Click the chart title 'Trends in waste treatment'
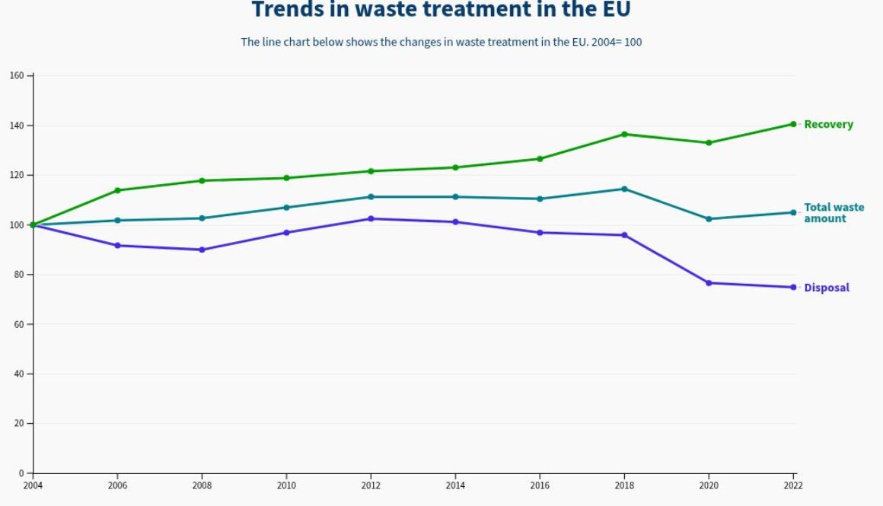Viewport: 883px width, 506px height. (441, 10)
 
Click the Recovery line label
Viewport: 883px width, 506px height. (828, 125)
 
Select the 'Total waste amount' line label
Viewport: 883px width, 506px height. (834, 213)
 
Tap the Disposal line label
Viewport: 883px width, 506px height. (827, 288)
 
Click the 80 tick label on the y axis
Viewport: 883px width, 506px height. (19, 275)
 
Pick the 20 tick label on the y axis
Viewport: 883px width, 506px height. (19, 424)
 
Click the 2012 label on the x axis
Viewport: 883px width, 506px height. (371, 485)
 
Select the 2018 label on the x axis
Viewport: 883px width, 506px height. (624, 485)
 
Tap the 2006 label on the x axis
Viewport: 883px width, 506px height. (117, 485)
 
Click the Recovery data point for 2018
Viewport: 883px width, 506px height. (624, 135)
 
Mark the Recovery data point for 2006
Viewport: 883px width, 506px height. (117, 190)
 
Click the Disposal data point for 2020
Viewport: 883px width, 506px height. (709, 283)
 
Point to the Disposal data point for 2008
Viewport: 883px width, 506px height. (202, 250)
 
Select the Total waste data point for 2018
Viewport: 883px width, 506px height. (624, 189)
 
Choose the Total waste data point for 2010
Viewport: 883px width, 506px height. (286, 208)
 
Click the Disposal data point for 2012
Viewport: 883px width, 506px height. (371, 219)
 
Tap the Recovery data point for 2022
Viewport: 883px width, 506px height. (793, 124)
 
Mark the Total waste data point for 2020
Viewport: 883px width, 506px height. (709, 219)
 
